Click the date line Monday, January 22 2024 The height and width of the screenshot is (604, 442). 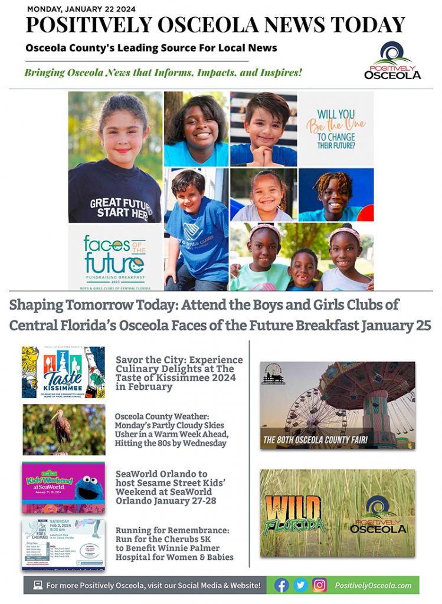[81, 9]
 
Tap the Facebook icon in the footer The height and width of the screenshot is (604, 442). [281, 585]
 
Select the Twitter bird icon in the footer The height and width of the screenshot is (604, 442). [300, 585]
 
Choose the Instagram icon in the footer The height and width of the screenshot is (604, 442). [319, 585]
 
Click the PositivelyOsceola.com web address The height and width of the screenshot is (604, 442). [372, 585]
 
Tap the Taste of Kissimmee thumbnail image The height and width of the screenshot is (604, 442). [63, 372]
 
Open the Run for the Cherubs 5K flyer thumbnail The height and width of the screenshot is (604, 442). [63, 544]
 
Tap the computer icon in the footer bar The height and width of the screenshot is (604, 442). [38, 585]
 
